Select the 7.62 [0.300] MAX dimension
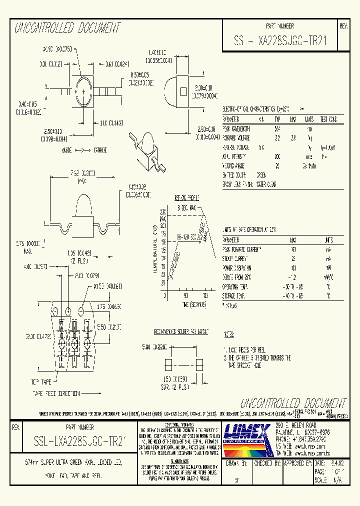pyautogui.click(x=77, y=173)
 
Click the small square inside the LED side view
pyautogui.click(x=183, y=91)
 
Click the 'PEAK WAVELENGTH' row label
pyautogui.click(x=236, y=128)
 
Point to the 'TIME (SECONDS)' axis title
pyautogui.click(x=183, y=304)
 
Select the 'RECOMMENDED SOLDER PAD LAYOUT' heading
pyautogui.click(x=181, y=331)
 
